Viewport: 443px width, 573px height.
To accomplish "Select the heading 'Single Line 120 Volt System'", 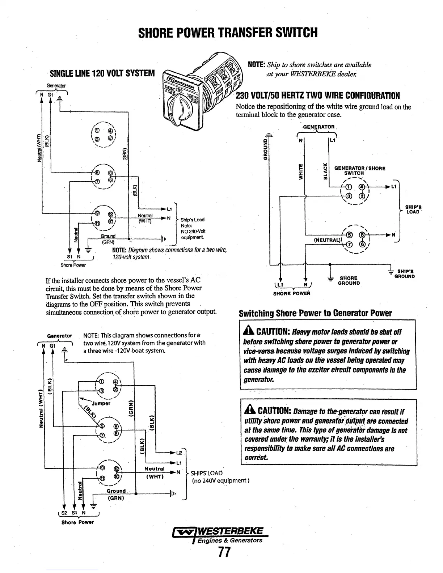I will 102,74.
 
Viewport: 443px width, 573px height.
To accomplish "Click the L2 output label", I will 179,453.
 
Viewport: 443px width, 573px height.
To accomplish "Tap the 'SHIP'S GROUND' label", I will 405,274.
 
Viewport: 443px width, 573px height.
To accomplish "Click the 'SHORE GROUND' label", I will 349,280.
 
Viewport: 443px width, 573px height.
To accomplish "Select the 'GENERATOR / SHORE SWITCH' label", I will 359,170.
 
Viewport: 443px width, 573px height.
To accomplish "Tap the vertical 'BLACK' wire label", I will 325,171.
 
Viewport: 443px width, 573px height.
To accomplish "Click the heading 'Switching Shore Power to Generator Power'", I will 315,313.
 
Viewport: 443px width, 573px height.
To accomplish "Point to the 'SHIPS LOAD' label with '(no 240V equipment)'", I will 206,473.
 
